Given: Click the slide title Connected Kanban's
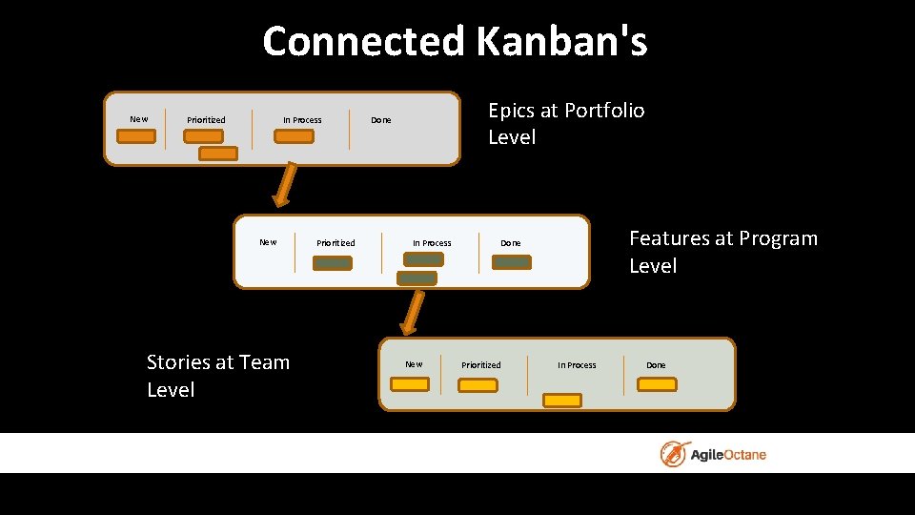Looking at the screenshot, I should (455, 42).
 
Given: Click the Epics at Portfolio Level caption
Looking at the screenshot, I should (565, 124).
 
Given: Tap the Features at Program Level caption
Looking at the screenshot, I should (722, 252).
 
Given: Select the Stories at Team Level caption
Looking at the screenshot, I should (217, 376).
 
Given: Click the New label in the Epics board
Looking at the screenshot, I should (139, 119).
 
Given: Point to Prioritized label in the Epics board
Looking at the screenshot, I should (206, 120).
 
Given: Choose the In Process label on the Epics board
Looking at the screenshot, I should (302, 120).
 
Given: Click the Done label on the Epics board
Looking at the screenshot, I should (380, 120).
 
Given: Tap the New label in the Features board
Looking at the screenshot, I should (269, 242).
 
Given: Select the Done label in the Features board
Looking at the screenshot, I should (511, 243).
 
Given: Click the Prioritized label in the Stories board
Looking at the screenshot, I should (480, 365).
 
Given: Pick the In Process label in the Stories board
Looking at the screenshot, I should (577, 365).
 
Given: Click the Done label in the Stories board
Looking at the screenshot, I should (656, 365).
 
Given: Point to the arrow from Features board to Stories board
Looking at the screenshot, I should (413, 312).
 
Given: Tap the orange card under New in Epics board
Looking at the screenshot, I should (137, 136).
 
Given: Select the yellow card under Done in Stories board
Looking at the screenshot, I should (657, 384).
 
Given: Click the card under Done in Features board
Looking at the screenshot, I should (512, 262).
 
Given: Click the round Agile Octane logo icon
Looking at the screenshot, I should (676, 454).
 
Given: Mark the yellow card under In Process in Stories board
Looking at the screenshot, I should (562, 401).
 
